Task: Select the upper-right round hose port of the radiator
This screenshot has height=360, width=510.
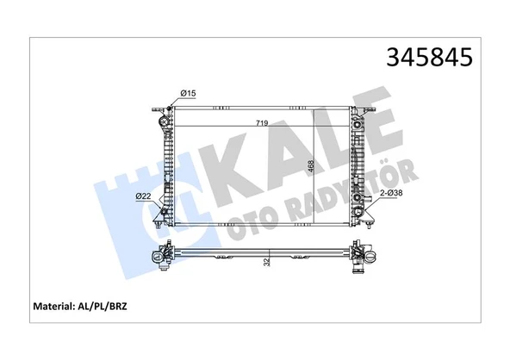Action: (x=357, y=127)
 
